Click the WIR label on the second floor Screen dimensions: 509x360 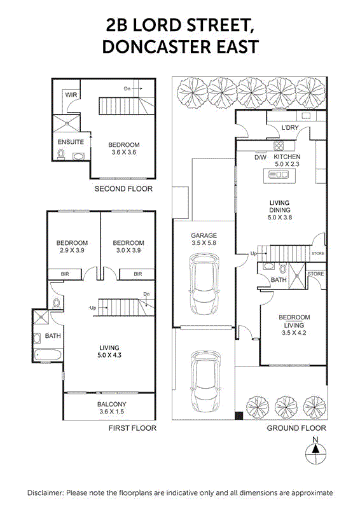71,95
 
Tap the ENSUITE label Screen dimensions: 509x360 71,142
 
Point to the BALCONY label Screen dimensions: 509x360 111,404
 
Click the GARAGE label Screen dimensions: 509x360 204,235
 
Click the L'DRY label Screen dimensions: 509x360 290,129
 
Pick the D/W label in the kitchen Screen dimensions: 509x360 260,157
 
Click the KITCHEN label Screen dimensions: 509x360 287,157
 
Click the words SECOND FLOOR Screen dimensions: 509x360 123,189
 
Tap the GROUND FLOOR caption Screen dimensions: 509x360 296,428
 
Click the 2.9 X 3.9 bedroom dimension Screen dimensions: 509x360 72,251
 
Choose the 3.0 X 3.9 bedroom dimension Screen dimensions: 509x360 128,251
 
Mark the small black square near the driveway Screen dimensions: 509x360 239,415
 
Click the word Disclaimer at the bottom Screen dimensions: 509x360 45,493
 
